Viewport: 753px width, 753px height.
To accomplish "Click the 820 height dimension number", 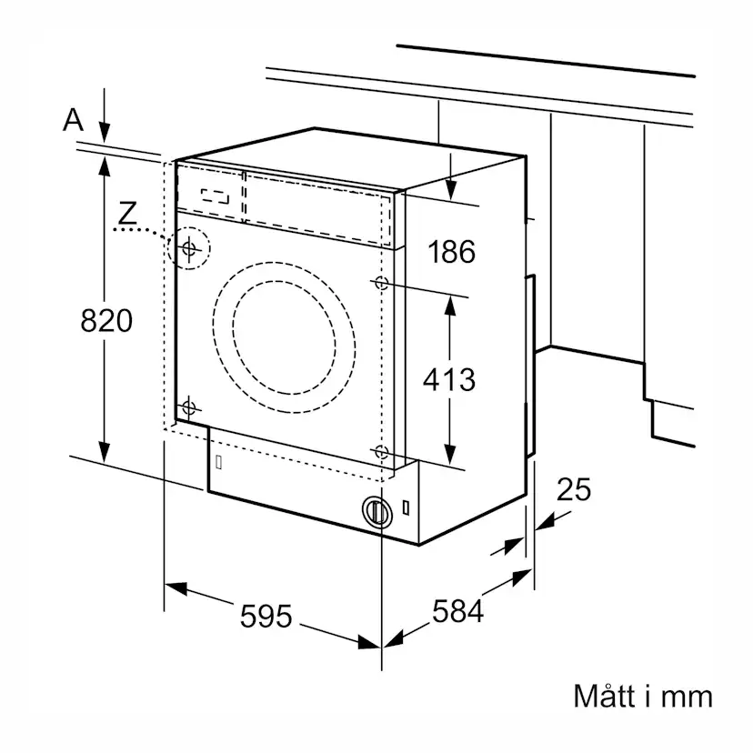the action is coord(106,321).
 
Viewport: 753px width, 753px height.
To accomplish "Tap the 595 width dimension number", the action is coord(266,617).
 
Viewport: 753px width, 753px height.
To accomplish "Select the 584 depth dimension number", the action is coord(458,611).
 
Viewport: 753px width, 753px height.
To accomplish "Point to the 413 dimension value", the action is coord(449,379).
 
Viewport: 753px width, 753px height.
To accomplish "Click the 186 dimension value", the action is coord(452,251).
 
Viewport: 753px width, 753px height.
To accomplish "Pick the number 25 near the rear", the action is coord(574,490).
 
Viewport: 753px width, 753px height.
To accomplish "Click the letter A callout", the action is coord(73,120).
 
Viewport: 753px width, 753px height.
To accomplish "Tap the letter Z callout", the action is coord(127,214).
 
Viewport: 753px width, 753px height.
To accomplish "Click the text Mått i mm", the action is coord(643,697).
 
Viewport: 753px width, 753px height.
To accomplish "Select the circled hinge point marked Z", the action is coord(189,248).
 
